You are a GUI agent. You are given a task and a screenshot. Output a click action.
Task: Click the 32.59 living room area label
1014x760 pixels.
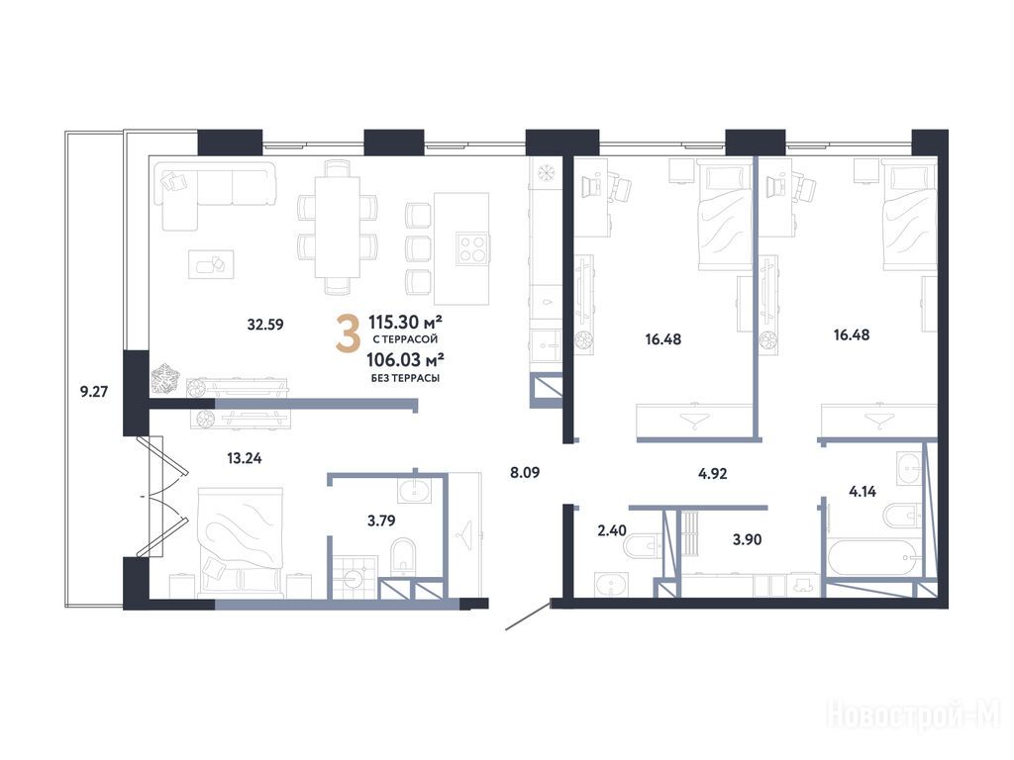[265, 325]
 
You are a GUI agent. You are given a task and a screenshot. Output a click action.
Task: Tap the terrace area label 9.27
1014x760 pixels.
[94, 391]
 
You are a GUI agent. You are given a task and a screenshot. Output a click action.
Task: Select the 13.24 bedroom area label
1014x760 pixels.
[245, 458]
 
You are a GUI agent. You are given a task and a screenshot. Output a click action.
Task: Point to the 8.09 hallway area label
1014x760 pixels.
[525, 472]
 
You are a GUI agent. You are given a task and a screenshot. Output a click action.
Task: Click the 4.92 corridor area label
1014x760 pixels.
[713, 474]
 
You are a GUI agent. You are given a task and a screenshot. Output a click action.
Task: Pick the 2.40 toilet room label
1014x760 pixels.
[612, 530]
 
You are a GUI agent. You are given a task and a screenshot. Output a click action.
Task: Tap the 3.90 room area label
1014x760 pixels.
[747, 539]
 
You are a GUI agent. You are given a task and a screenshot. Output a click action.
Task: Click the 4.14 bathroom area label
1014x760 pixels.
[862, 491]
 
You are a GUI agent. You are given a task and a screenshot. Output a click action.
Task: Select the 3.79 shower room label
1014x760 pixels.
[381, 521]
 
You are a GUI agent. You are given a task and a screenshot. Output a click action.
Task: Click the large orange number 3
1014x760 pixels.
[348, 333]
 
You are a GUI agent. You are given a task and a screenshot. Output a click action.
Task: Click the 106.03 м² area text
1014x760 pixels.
[405, 359]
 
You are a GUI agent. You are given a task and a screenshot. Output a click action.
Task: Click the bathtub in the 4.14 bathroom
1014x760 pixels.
[873, 558]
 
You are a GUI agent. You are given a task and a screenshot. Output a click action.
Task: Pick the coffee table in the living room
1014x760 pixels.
[211, 264]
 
